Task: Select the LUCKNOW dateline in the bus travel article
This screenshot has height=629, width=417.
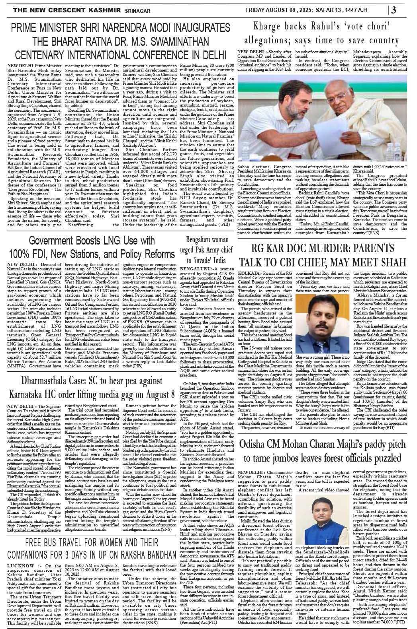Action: point(20,565)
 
